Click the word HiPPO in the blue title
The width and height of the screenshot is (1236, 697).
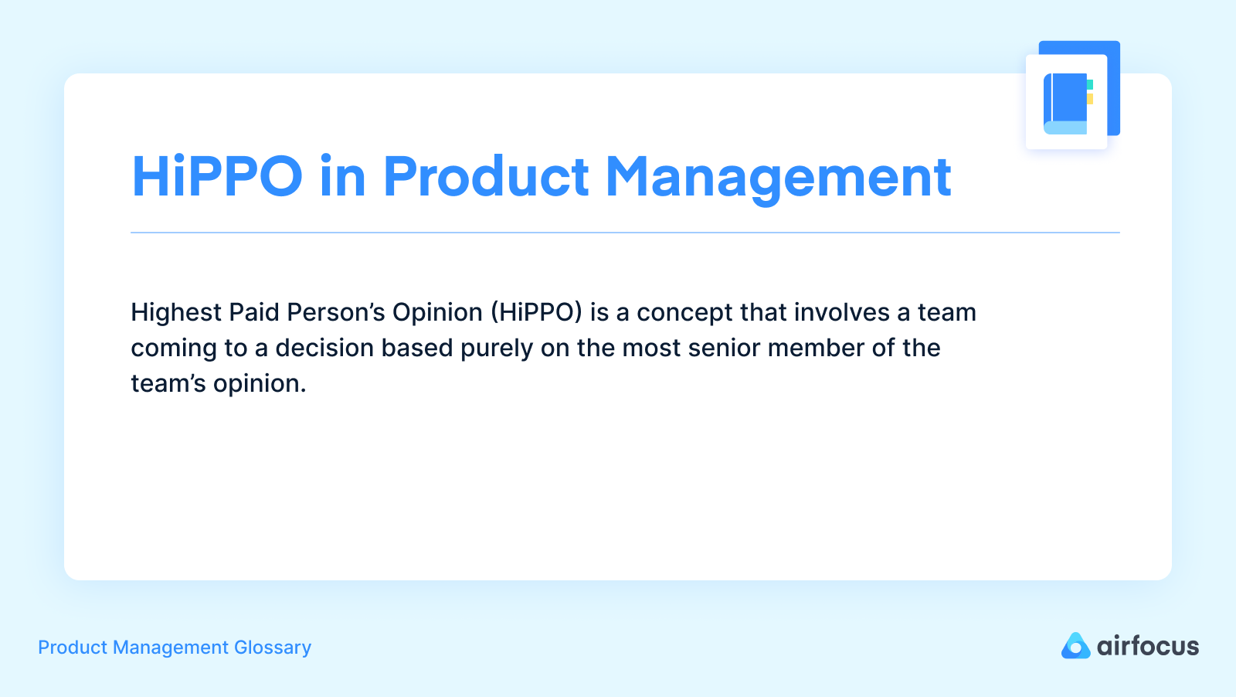[x=217, y=176]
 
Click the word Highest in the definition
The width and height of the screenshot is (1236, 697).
[x=176, y=313]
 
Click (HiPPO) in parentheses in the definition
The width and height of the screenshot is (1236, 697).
[x=536, y=312]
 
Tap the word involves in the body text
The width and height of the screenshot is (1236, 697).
[x=842, y=312]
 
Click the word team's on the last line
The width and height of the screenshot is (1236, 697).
[x=168, y=384]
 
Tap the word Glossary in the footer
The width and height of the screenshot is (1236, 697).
[x=273, y=648]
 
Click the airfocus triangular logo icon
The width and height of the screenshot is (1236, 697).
[x=1075, y=646]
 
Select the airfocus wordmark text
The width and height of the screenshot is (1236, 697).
[x=1148, y=646]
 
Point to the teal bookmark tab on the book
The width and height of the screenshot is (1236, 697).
[x=1090, y=84]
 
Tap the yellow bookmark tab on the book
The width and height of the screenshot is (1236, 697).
[x=1090, y=99]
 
